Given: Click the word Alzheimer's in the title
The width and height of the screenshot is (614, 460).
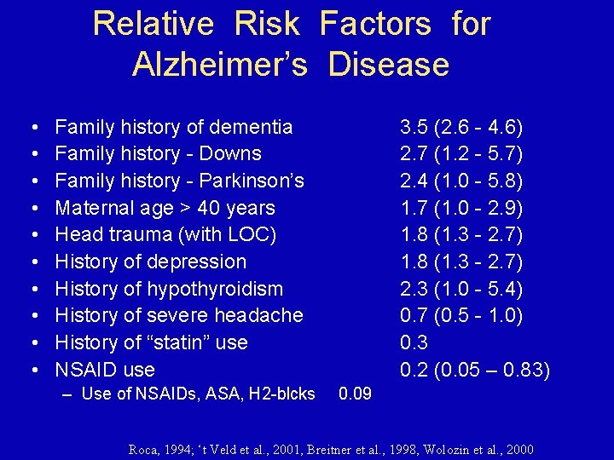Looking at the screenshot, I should tap(219, 65).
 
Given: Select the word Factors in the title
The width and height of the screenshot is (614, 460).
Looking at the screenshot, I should tap(375, 24).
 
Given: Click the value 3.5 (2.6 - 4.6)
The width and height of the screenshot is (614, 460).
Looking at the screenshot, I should tap(461, 127).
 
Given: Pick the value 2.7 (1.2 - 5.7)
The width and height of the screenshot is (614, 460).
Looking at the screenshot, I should tap(461, 154).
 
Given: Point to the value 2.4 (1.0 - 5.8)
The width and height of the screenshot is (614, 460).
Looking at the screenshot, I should tap(461, 181).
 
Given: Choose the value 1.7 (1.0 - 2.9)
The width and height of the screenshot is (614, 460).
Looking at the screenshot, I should tap(461, 208).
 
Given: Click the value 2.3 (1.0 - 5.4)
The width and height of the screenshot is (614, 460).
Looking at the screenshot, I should tap(461, 289).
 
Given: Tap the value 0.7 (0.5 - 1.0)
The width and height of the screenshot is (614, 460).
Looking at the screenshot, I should tap(461, 315).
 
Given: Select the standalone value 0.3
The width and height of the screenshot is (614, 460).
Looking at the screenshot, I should tap(414, 342).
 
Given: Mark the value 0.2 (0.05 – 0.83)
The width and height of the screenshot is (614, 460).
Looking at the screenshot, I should tap(475, 370).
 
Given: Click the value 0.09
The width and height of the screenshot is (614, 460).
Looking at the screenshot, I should tap(355, 394).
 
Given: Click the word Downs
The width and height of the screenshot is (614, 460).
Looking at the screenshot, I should tap(232, 154).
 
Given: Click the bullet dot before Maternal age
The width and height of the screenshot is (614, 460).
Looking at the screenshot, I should tap(32, 208).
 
